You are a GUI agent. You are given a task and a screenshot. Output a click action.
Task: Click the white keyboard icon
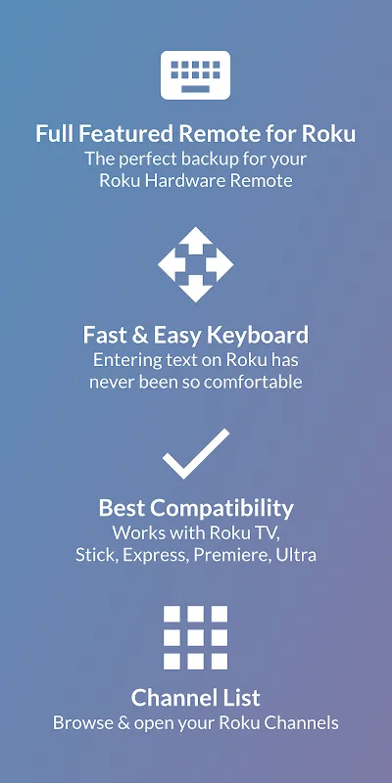pyautogui.click(x=195, y=75)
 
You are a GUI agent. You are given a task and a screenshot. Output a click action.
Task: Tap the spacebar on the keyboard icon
pyautogui.click(x=195, y=89)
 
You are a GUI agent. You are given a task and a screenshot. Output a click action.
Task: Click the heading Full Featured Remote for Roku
pyautogui.click(x=195, y=134)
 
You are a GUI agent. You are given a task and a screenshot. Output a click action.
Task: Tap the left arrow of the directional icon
pyautogui.click(x=171, y=264)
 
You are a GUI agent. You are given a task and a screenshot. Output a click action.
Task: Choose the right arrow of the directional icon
pyautogui.click(x=220, y=264)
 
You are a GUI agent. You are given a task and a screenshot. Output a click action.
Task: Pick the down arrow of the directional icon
pyautogui.click(x=195, y=290)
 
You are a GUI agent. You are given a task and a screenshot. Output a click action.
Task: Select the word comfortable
pyautogui.click(x=253, y=382)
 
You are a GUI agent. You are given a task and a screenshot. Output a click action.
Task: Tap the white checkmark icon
pyautogui.click(x=196, y=453)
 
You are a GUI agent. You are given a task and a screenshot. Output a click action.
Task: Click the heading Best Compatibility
pyautogui.click(x=196, y=508)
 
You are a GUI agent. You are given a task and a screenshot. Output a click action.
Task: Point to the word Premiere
pyautogui.click(x=230, y=555)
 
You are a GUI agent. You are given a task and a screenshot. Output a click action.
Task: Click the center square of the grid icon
pyautogui.click(x=195, y=638)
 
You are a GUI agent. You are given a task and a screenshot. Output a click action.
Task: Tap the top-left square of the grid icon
pyautogui.click(x=171, y=614)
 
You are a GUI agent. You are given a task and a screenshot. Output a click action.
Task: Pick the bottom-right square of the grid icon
pyautogui.click(x=220, y=662)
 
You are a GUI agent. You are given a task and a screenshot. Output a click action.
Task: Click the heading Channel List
pyautogui.click(x=195, y=698)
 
